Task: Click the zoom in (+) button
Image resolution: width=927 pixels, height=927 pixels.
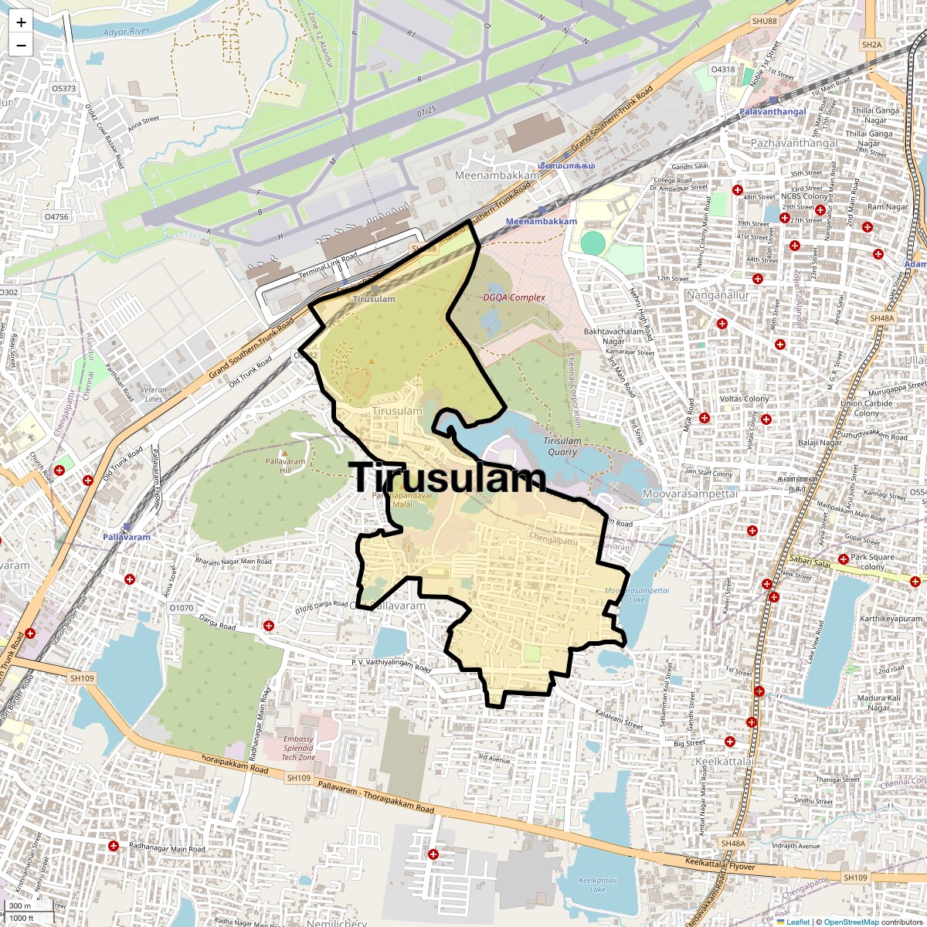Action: (x=21, y=22)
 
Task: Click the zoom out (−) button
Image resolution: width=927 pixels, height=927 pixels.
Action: (x=21, y=46)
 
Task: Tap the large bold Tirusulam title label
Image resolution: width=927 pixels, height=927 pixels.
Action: (x=448, y=478)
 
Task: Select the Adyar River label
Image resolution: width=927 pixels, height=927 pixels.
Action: (x=126, y=32)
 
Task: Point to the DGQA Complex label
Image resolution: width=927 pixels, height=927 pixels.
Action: (x=514, y=297)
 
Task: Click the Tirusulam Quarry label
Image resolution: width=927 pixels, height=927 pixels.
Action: (x=562, y=447)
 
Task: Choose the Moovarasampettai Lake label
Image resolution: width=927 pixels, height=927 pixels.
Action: (x=637, y=595)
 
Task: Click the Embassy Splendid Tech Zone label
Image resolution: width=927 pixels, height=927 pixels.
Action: (x=298, y=748)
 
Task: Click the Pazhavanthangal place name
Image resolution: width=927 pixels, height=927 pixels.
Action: (x=793, y=144)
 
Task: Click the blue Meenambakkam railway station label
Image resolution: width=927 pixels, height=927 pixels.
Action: (x=541, y=222)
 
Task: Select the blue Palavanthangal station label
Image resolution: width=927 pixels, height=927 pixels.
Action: (x=772, y=112)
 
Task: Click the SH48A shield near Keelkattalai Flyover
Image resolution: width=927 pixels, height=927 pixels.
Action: (x=732, y=844)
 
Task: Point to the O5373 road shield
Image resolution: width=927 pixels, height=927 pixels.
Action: (x=64, y=89)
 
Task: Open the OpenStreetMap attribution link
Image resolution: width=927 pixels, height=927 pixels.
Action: (x=851, y=922)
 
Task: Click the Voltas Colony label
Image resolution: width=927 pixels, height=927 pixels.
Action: (x=744, y=399)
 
